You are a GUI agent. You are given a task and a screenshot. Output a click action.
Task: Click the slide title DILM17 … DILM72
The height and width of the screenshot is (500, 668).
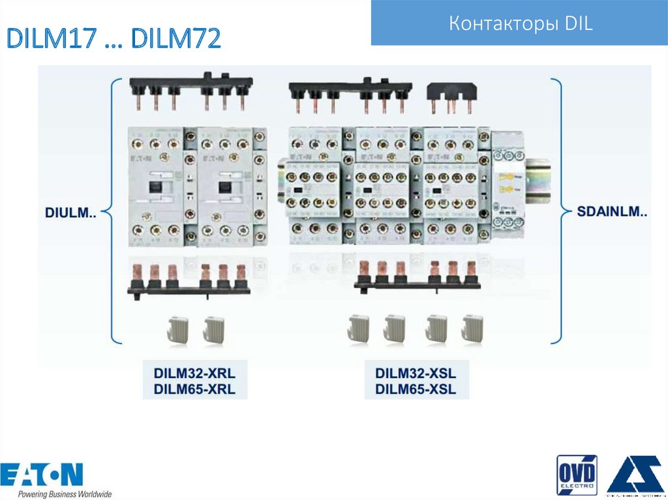pos(114,40)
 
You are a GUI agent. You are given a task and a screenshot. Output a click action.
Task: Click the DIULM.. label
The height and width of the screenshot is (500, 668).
pos(70,213)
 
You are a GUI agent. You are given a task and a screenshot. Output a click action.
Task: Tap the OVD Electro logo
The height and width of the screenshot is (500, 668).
pos(576,475)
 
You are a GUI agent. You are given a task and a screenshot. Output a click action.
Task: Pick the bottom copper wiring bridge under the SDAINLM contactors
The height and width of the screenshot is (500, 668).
pos(417,276)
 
